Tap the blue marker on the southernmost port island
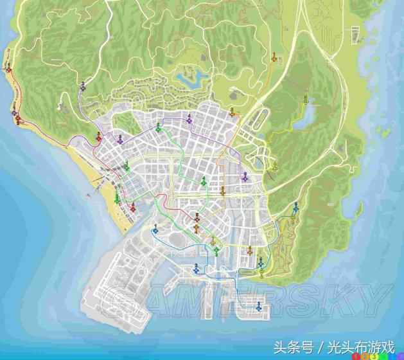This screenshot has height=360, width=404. click(257, 309)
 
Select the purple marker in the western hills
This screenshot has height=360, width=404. click(83, 86)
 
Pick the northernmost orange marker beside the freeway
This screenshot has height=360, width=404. click(275, 58)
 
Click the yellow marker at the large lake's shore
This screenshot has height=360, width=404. click(306, 100)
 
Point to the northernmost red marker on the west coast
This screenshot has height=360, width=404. click(8, 69)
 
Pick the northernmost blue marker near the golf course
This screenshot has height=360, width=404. click(295, 207)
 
